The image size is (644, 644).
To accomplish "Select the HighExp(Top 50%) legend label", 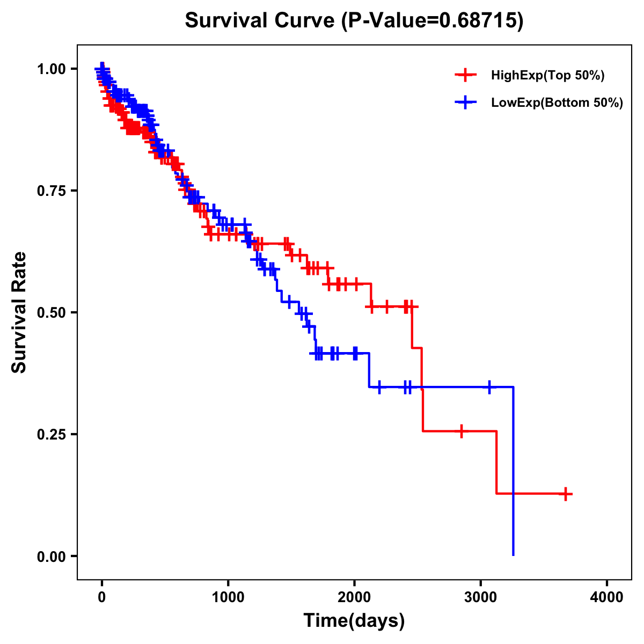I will tap(547, 76).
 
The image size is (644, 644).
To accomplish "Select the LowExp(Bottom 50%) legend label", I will tap(557, 103).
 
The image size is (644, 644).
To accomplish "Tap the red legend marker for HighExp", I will tap(465, 76).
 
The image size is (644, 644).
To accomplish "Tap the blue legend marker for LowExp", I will tap(465, 103).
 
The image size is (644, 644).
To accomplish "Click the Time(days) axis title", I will tap(354, 621).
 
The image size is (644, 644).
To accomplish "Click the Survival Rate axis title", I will tap(19, 312).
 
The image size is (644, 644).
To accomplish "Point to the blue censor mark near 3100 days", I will tap(489, 386).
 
